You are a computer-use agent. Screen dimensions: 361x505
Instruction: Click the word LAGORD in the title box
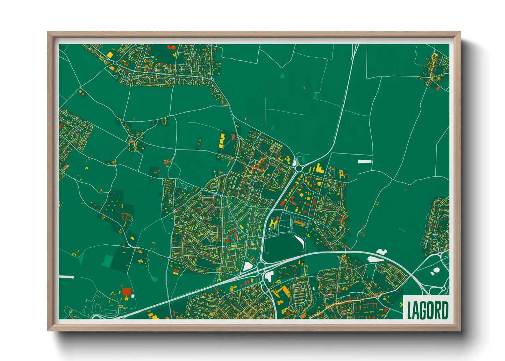428,310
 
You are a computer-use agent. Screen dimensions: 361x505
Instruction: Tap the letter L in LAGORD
410,311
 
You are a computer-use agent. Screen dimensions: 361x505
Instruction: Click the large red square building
126,291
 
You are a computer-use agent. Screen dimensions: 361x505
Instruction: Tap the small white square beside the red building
133,296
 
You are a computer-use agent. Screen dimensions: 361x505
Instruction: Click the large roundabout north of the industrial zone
299,168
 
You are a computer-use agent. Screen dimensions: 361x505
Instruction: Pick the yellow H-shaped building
273,224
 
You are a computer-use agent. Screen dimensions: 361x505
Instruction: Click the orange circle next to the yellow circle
83,93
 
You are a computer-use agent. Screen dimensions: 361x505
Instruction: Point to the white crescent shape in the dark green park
300,240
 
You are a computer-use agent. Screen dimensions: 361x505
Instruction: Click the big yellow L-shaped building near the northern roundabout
319,169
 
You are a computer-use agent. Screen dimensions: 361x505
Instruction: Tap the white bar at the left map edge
66,277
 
